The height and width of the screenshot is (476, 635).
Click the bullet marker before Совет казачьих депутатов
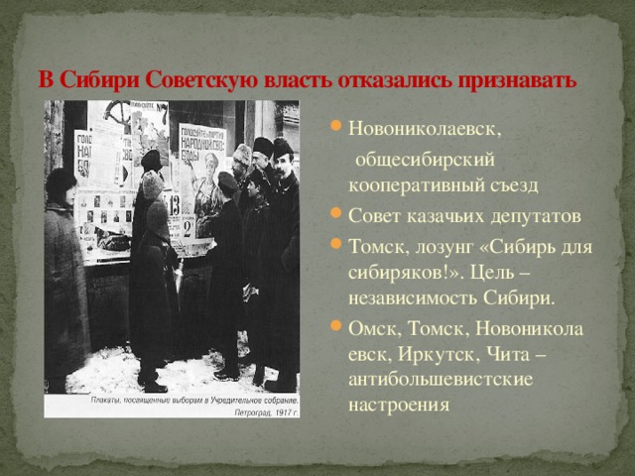click(336, 216)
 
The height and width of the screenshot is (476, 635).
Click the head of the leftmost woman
click(61, 182)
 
